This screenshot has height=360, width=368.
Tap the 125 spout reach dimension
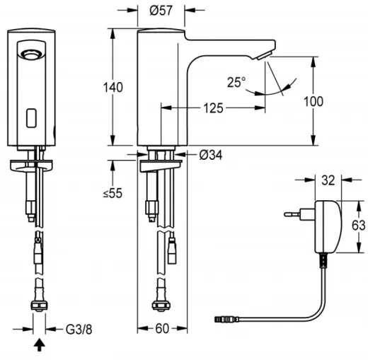click(215, 108)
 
